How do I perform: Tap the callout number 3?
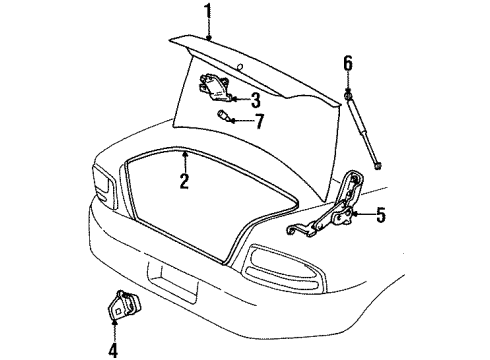pos(256,99)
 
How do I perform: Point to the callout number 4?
pos(112,349)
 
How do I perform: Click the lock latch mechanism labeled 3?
pos(218,87)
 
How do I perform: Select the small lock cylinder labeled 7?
pos(225,117)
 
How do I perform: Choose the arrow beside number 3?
pos(240,98)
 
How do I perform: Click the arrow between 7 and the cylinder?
pos(243,121)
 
